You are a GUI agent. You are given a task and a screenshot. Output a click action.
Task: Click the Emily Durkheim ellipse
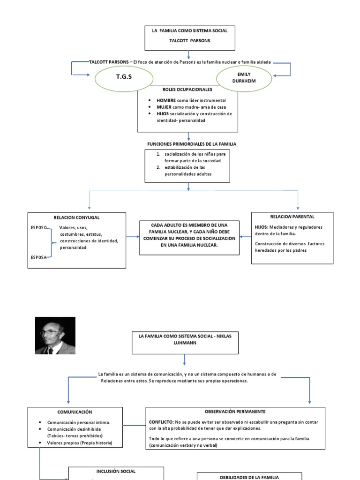pos(244,77)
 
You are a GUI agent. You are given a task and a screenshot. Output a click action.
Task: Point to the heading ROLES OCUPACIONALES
pos(187,89)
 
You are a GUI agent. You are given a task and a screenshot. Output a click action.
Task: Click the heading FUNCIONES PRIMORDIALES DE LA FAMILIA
pos(192,144)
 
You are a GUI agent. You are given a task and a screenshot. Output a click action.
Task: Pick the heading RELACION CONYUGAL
pos(76,217)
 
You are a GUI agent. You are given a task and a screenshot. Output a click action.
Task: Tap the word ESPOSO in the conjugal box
pos(39,227)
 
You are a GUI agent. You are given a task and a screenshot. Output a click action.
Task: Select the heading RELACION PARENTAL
pos(292,217)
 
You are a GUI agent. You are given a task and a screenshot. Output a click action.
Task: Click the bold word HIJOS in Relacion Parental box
pos(261,227)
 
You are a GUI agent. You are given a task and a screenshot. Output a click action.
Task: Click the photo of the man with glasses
pos(55,336)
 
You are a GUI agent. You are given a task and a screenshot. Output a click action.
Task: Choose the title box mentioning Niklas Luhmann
pos(185,339)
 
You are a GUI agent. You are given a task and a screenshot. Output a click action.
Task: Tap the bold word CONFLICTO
pos(161,422)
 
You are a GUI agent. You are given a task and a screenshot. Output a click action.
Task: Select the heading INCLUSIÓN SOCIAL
pos(116,471)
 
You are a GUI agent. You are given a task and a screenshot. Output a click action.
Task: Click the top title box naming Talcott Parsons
pos(189,37)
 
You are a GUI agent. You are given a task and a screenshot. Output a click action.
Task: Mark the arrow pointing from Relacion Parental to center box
pos(245,237)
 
